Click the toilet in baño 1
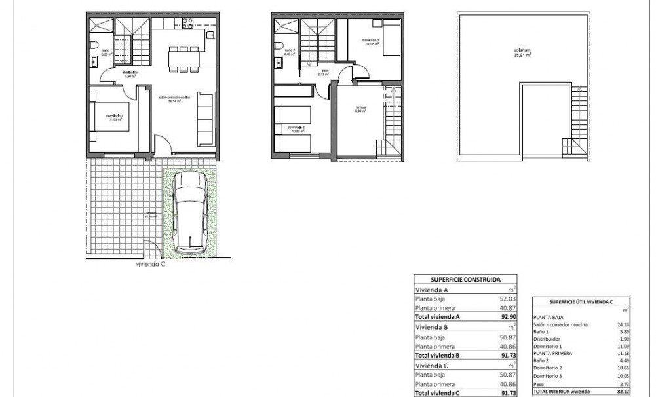tap(95, 45)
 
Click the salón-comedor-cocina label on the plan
tap(173, 99)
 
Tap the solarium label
tap(522, 52)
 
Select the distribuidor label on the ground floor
tap(129, 72)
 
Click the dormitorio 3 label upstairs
tap(371, 42)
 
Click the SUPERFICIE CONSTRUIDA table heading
tap(466, 278)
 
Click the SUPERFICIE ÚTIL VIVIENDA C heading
tap(581, 301)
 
